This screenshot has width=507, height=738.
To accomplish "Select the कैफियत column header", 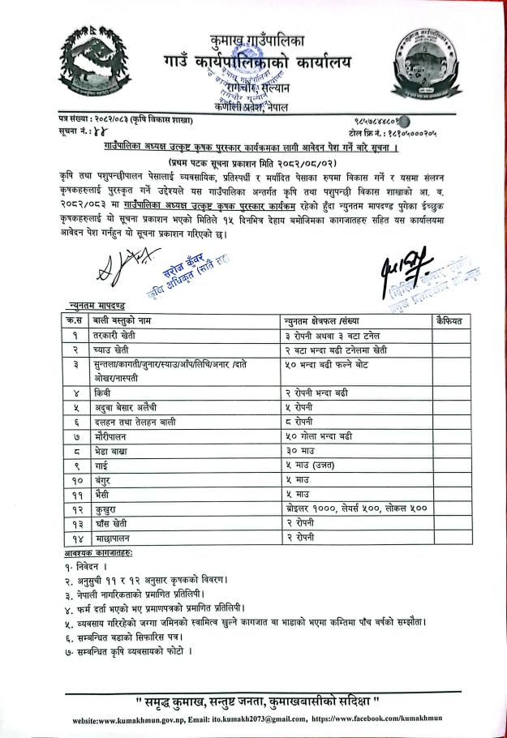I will pyautogui.click(x=449, y=321).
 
